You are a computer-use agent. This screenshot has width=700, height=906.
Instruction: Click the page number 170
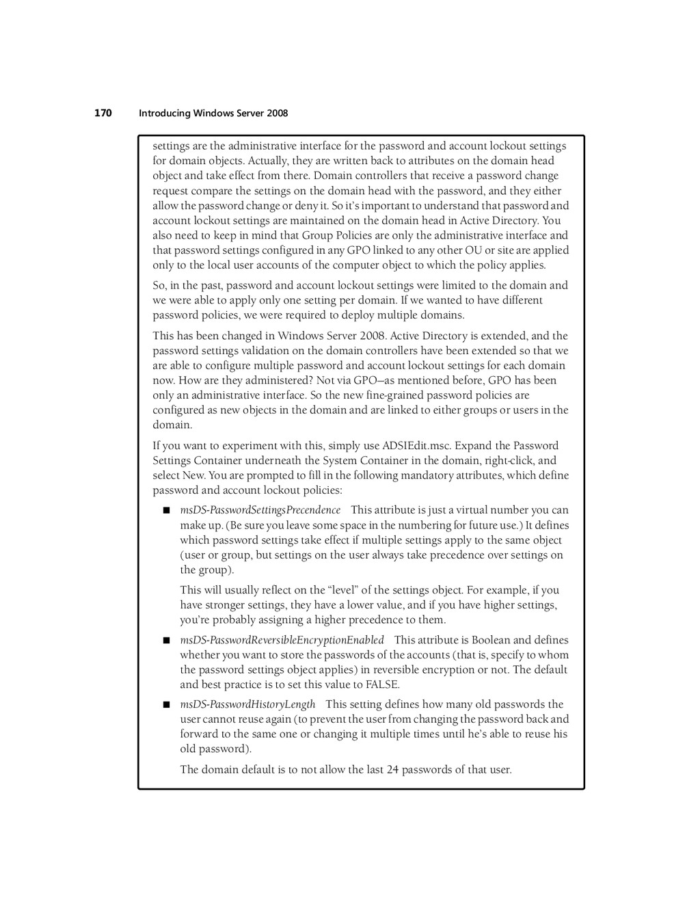tap(103, 113)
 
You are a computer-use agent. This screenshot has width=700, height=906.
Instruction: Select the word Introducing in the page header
tap(164, 114)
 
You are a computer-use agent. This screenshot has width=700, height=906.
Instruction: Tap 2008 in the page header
tap(277, 114)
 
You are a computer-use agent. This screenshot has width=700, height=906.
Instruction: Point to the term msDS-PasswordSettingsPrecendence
tap(260, 510)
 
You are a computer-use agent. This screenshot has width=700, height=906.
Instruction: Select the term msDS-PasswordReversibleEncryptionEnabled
tap(282, 640)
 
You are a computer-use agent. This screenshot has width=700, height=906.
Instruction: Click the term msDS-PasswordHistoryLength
tap(247, 704)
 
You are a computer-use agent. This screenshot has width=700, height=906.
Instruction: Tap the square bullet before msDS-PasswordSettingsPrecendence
tap(165, 510)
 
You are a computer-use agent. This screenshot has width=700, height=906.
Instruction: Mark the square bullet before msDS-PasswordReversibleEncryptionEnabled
tap(165, 641)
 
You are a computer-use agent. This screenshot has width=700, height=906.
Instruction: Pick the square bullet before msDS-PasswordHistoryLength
tap(165, 705)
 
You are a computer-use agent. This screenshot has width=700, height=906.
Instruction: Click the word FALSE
tap(382, 684)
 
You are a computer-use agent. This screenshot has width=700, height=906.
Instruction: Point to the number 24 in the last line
tap(392, 769)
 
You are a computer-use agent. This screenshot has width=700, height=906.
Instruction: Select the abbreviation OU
tap(473, 250)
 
